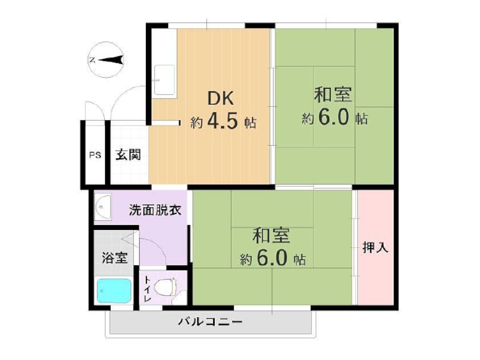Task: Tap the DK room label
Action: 220,98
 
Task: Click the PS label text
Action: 95,156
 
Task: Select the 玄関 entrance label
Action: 128,155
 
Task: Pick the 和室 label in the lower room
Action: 272,236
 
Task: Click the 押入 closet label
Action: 375,248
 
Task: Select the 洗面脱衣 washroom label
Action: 155,210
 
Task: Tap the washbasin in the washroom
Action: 103,207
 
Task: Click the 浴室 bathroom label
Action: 115,258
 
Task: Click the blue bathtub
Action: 114,290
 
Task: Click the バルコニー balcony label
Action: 210,321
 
